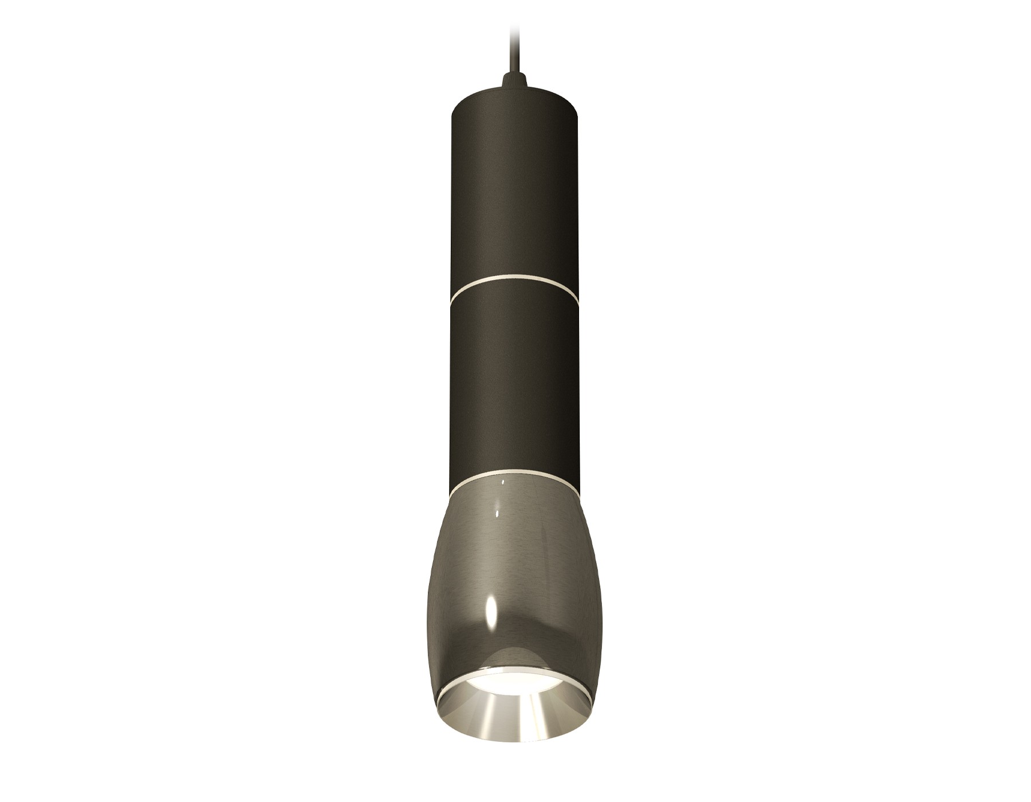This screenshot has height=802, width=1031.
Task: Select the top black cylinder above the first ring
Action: coord(515,189)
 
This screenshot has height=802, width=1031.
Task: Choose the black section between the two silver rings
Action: coord(515,372)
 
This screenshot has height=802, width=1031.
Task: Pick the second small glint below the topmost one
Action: coord(498,510)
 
